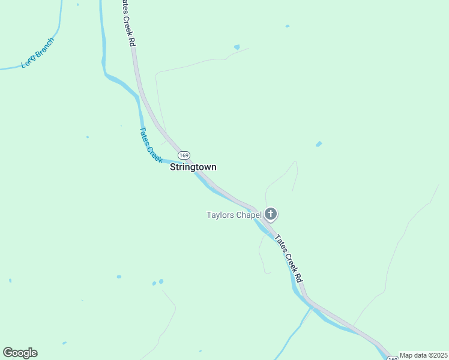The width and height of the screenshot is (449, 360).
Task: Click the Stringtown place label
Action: [x=193, y=167]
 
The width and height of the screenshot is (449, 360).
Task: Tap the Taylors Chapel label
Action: [x=234, y=215]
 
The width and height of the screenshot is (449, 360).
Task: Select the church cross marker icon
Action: [x=271, y=214]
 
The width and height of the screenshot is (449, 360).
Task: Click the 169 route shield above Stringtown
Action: [x=184, y=155]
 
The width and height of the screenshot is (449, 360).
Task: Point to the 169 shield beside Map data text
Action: [x=392, y=358]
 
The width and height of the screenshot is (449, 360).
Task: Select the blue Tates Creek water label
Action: [x=150, y=144]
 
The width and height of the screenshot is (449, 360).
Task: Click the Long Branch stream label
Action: [x=37, y=53]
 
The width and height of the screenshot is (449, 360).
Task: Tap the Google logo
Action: [x=20, y=353]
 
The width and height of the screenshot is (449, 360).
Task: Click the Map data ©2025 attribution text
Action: [x=423, y=355]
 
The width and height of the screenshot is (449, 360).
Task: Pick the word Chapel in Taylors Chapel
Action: [x=248, y=215]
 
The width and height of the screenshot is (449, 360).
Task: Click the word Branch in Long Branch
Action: [x=44, y=47]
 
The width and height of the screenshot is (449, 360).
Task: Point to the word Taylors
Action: [x=220, y=215]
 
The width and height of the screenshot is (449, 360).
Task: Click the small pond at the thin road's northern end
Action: [x=237, y=47]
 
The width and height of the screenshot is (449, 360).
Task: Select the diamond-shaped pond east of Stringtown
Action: [x=319, y=144]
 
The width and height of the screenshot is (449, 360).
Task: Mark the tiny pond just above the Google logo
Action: [x=64, y=344]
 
